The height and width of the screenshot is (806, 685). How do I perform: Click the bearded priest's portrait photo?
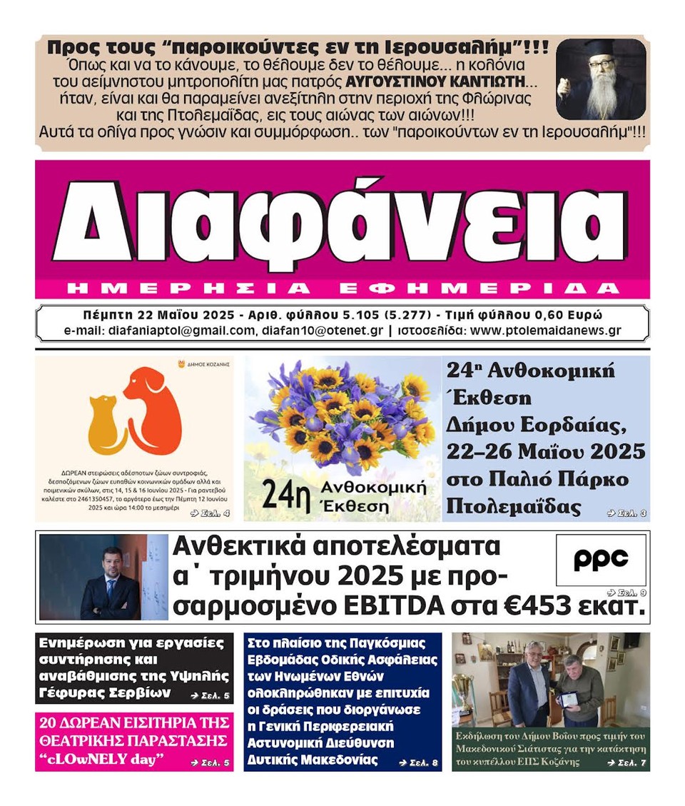[600, 79]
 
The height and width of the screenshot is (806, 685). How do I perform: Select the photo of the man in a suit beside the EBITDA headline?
[103, 577]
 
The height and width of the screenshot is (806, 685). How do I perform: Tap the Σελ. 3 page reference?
[626, 513]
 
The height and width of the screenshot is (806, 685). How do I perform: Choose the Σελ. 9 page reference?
[626, 593]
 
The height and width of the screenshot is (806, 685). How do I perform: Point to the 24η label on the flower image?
[281, 493]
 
